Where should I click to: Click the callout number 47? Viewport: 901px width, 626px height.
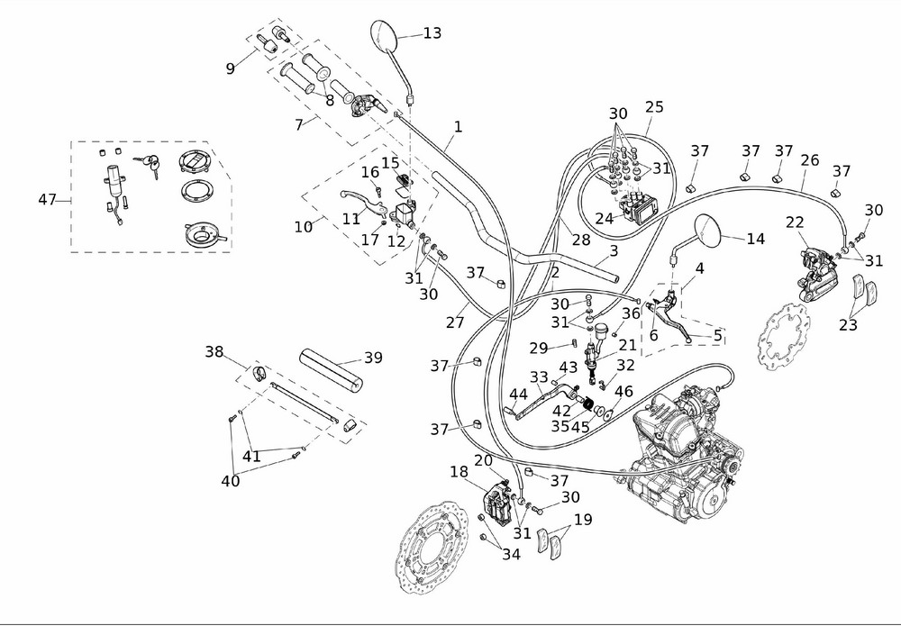coord(48,199)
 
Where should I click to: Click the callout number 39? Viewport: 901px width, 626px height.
coord(373,358)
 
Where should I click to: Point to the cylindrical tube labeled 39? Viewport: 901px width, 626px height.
coord(333,370)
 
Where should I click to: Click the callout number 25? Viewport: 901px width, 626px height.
coord(653,107)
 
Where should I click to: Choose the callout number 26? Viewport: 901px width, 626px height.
coord(810,160)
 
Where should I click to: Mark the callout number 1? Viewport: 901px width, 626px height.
coord(458,128)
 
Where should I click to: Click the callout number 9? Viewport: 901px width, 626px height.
coord(230,68)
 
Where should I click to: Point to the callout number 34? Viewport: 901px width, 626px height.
coord(511,555)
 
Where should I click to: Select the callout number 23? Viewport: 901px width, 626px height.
coord(847,325)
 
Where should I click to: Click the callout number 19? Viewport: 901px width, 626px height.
coord(583,519)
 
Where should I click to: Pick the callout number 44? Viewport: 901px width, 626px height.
coord(517,395)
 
